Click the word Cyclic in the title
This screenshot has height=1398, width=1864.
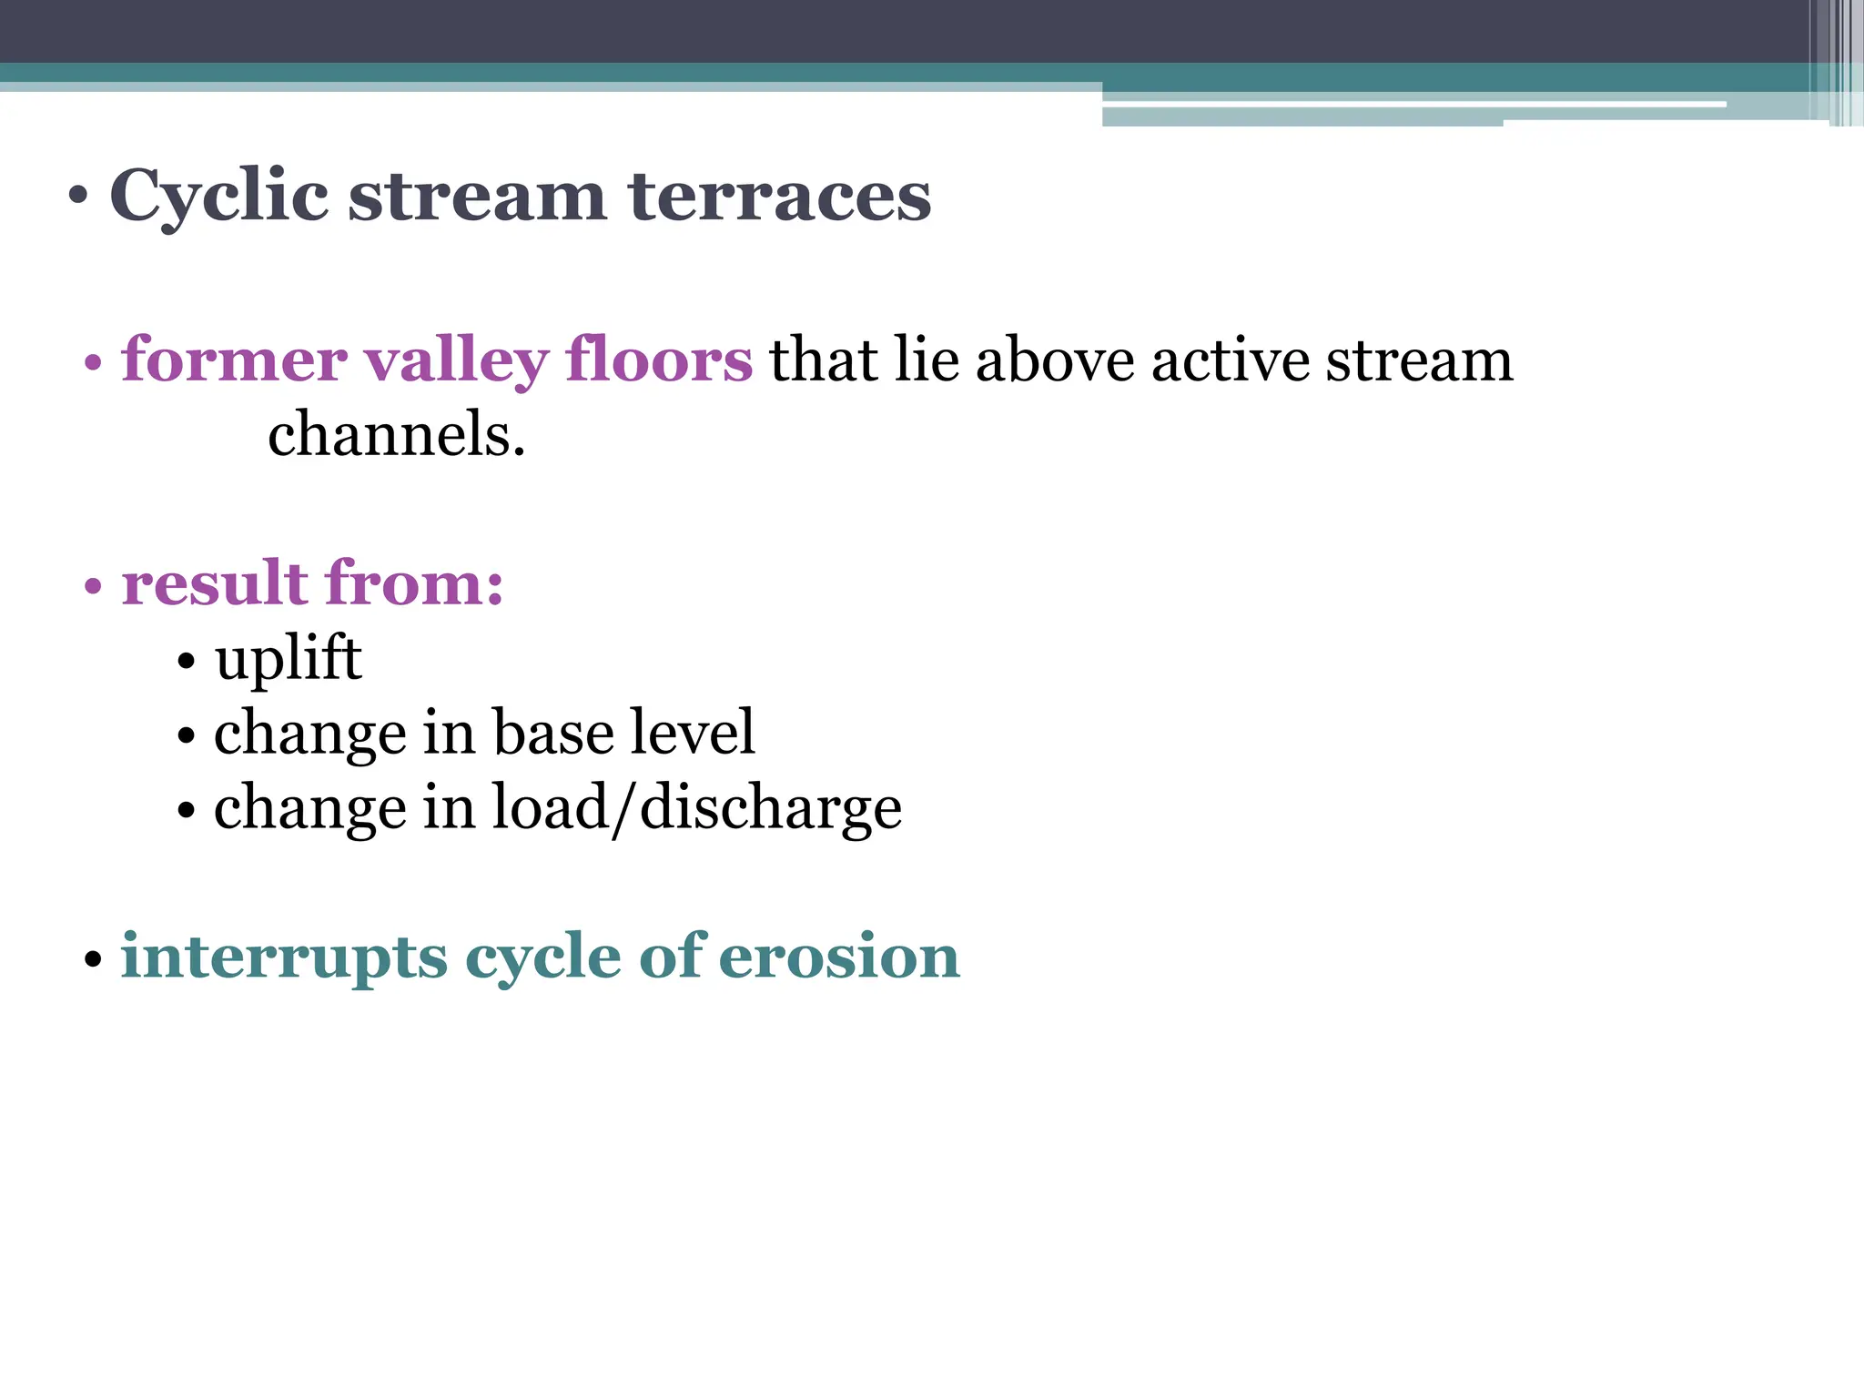pos(218,196)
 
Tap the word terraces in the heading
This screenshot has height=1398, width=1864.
pos(780,196)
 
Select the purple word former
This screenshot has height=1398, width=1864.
pos(234,360)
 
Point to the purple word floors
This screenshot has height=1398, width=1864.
pos(658,360)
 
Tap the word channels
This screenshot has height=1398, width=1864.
pos(396,434)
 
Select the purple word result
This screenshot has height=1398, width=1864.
pos(214,582)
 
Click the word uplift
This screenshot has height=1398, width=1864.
pos(288,658)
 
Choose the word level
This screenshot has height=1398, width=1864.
pos(693,733)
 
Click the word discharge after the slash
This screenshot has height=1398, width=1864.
pos(771,808)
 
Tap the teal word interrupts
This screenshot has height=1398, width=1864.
pos(285,957)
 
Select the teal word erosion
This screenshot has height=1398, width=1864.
pos(839,957)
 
